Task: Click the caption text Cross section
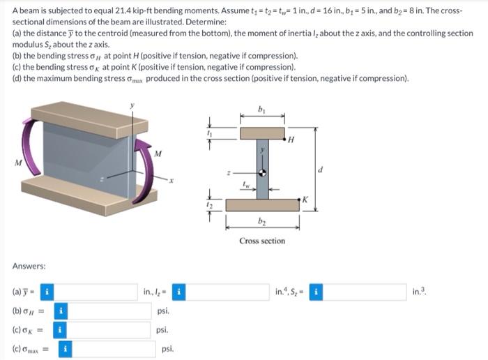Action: click(262, 241)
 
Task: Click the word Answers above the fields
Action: click(29, 267)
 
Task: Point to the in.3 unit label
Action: click(418, 292)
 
